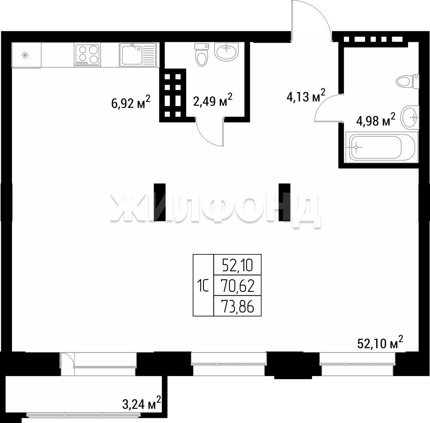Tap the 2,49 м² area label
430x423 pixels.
click(213, 100)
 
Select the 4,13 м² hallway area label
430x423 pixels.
click(306, 95)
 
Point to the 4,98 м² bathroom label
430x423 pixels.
click(376, 120)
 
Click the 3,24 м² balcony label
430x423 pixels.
click(141, 404)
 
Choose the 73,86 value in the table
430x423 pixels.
click(237, 306)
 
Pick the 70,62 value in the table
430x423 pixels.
click(237, 286)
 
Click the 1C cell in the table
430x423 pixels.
click(203, 286)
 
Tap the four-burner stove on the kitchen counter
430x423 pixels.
click(87, 55)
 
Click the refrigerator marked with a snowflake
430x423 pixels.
click(26, 55)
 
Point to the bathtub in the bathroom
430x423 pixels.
click(381, 147)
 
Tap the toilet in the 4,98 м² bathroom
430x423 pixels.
click(408, 81)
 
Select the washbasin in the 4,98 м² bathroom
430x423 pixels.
click(410, 117)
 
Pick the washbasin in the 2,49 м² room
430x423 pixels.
click(227, 51)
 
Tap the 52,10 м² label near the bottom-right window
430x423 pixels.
click(381, 342)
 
